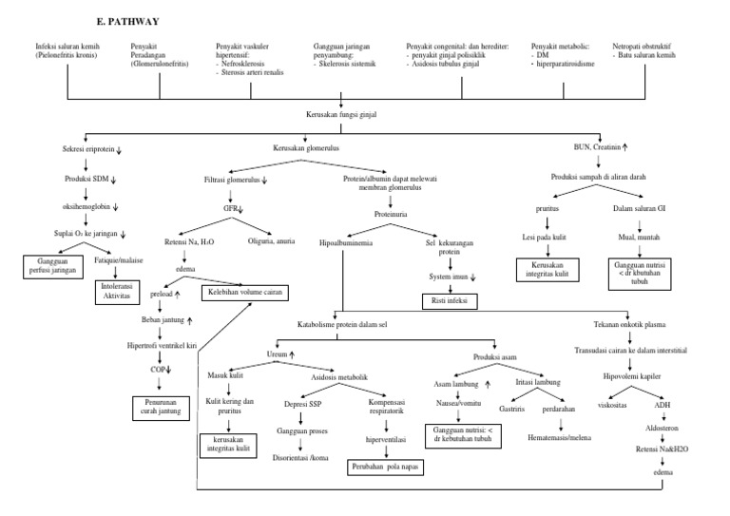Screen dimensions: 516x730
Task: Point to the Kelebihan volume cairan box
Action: coord(240,294)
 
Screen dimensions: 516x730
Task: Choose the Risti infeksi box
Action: coord(451,301)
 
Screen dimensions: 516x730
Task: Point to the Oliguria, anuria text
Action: coord(273,240)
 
